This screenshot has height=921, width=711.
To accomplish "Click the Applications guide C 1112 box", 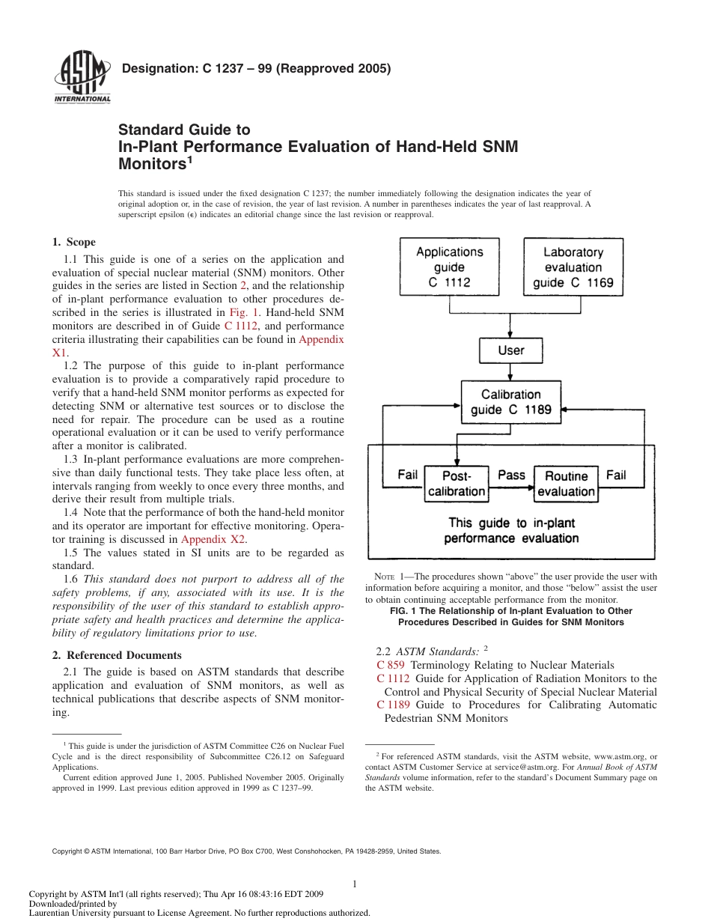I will point(449,267).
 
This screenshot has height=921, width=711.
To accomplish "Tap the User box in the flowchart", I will point(510,350).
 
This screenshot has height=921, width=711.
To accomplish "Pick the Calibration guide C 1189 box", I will point(510,401).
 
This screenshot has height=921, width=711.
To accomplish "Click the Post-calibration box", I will point(456,484).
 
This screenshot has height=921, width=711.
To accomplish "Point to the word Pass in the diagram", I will point(511,475).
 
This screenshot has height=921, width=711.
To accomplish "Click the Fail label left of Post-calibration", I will point(407,475).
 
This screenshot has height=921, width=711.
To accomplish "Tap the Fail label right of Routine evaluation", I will point(615,475).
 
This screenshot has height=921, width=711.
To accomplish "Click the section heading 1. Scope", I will point(73,242).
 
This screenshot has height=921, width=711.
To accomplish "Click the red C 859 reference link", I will point(390,665).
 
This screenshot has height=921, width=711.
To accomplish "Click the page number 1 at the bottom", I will point(354,884).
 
